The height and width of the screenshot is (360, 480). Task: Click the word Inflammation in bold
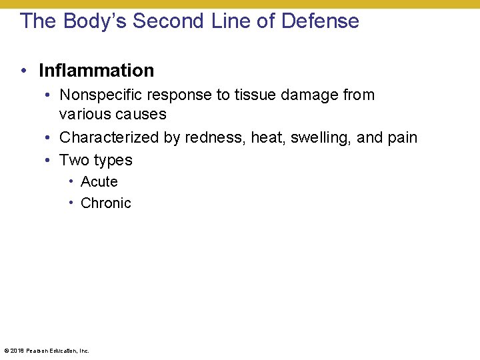click(96, 71)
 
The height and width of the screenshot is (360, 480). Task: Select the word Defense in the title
click(320, 21)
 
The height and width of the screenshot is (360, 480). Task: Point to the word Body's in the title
click(95, 21)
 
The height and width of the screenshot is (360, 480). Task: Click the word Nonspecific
click(100, 95)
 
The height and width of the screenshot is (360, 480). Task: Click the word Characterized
click(105, 138)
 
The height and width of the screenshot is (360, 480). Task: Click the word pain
click(402, 138)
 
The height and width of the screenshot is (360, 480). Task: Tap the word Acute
click(99, 181)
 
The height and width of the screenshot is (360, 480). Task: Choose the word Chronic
click(106, 203)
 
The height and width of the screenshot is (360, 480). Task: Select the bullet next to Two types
click(50, 160)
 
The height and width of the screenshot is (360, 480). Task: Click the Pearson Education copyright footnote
click(46, 350)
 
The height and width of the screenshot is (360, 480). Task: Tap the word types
click(113, 161)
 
